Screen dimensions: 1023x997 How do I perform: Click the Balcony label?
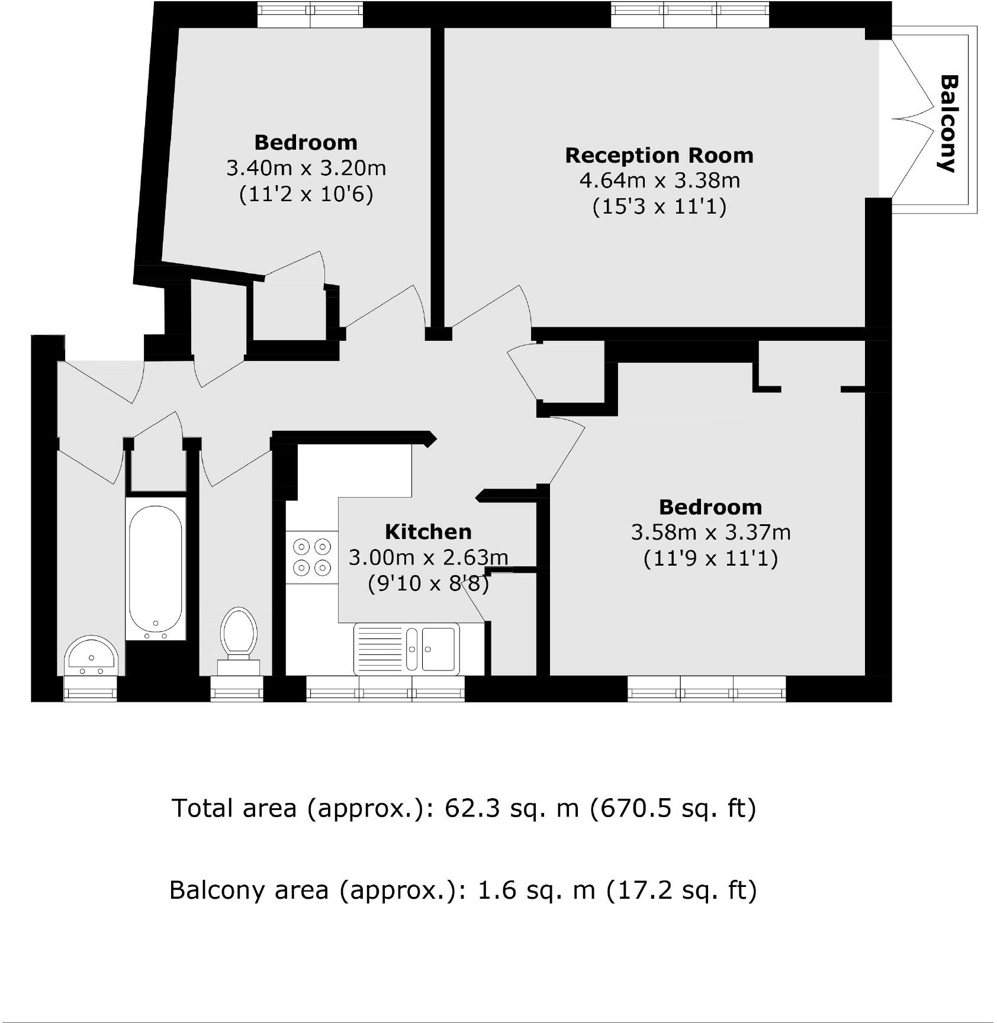click(948, 123)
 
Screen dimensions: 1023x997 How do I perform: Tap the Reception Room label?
click(659, 155)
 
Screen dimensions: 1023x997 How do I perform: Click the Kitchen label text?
click(428, 531)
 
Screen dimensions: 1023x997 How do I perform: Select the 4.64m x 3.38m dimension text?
click(659, 180)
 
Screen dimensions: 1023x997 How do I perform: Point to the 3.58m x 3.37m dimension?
click(710, 533)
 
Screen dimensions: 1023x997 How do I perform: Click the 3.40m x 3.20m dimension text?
click(306, 168)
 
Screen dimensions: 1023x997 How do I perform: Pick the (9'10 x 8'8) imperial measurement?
click(428, 584)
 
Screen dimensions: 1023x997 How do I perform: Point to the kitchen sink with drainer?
click(407, 648)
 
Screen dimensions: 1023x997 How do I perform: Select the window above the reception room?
click(690, 14)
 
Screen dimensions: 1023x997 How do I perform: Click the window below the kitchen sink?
click(385, 689)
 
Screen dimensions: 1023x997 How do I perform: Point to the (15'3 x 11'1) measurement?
click(659, 206)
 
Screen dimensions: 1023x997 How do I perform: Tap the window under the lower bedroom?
click(706, 689)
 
